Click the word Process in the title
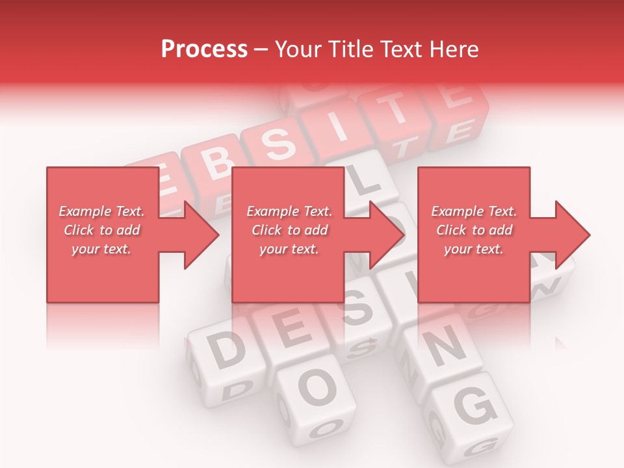coord(204,49)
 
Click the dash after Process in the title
coord(261,50)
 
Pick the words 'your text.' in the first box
coord(101,249)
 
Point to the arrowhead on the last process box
coord(572,235)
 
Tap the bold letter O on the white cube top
coord(317,387)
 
